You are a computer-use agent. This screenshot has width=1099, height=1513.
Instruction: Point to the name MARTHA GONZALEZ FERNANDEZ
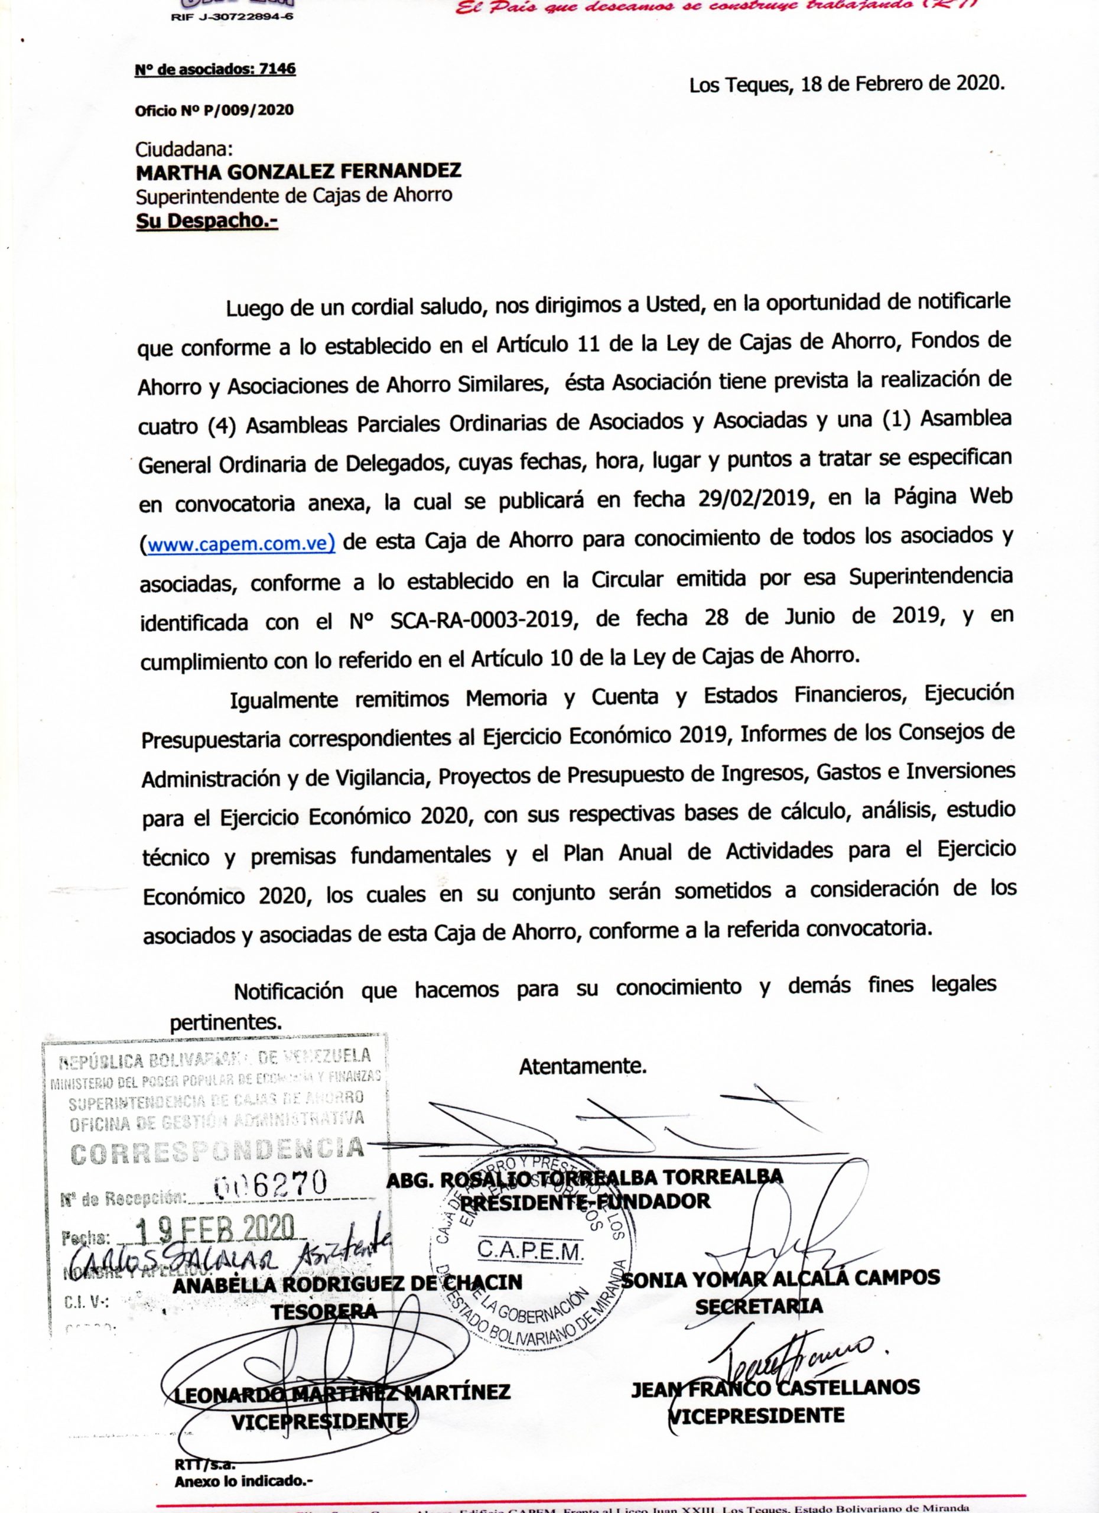[298, 172]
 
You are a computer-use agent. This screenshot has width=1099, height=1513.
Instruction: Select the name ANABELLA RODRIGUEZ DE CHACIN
[347, 1283]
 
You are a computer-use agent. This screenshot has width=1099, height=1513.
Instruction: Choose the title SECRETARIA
[758, 1306]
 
